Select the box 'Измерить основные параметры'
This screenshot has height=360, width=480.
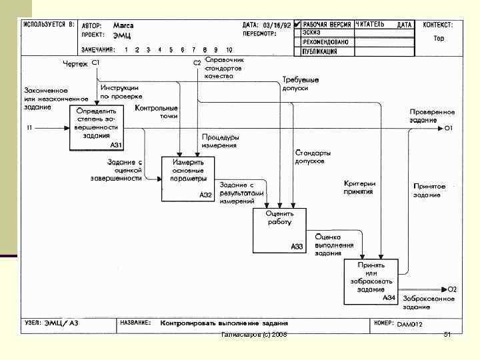pos(187,178)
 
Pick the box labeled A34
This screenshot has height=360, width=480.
pos(371,281)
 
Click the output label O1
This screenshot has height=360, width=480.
pos(449,127)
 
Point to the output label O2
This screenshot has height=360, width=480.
pos(452,289)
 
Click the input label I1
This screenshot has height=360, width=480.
pos(29,127)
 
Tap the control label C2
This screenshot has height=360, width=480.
pos(197,63)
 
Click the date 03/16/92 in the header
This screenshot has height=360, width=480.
pos(277,25)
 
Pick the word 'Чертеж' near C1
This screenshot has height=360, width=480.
pos(75,63)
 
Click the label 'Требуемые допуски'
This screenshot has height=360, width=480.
pos(300,83)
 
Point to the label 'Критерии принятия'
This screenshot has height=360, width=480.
pos(359,187)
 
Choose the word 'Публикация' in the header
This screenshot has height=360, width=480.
pos(319,49)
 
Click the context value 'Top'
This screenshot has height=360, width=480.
pos(439,38)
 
